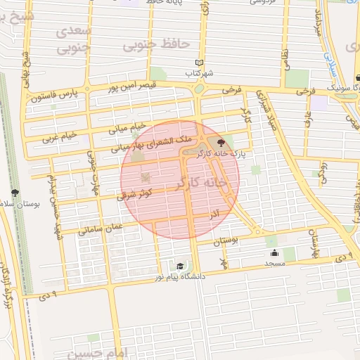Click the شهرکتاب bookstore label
[199, 72]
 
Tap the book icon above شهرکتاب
[199, 63]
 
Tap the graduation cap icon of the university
[181, 266]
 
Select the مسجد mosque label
[274, 263]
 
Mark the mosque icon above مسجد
[274, 253]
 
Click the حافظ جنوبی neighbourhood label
[157, 44]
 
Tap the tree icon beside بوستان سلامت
[15, 193]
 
